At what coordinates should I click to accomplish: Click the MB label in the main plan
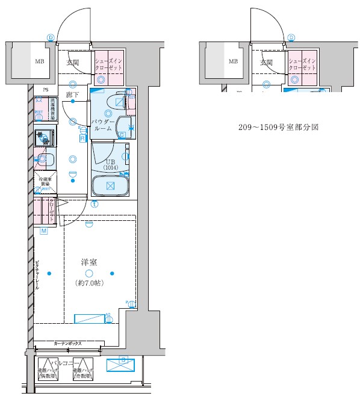tap(39, 61)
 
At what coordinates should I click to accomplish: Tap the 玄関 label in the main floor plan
tap(73, 62)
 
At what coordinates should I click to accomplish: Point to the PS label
tap(45, 91)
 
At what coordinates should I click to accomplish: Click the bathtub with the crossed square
tap(110, 184)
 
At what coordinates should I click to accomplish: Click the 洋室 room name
tap(89, 262)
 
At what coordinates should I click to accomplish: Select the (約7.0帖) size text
tap(89, 283)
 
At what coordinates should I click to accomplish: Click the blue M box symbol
tap(44, 231)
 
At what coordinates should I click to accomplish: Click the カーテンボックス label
tap(67, 343)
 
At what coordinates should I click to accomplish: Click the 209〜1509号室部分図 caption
tap(279, 128)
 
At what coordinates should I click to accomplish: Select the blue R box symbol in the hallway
tap(82, 138)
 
